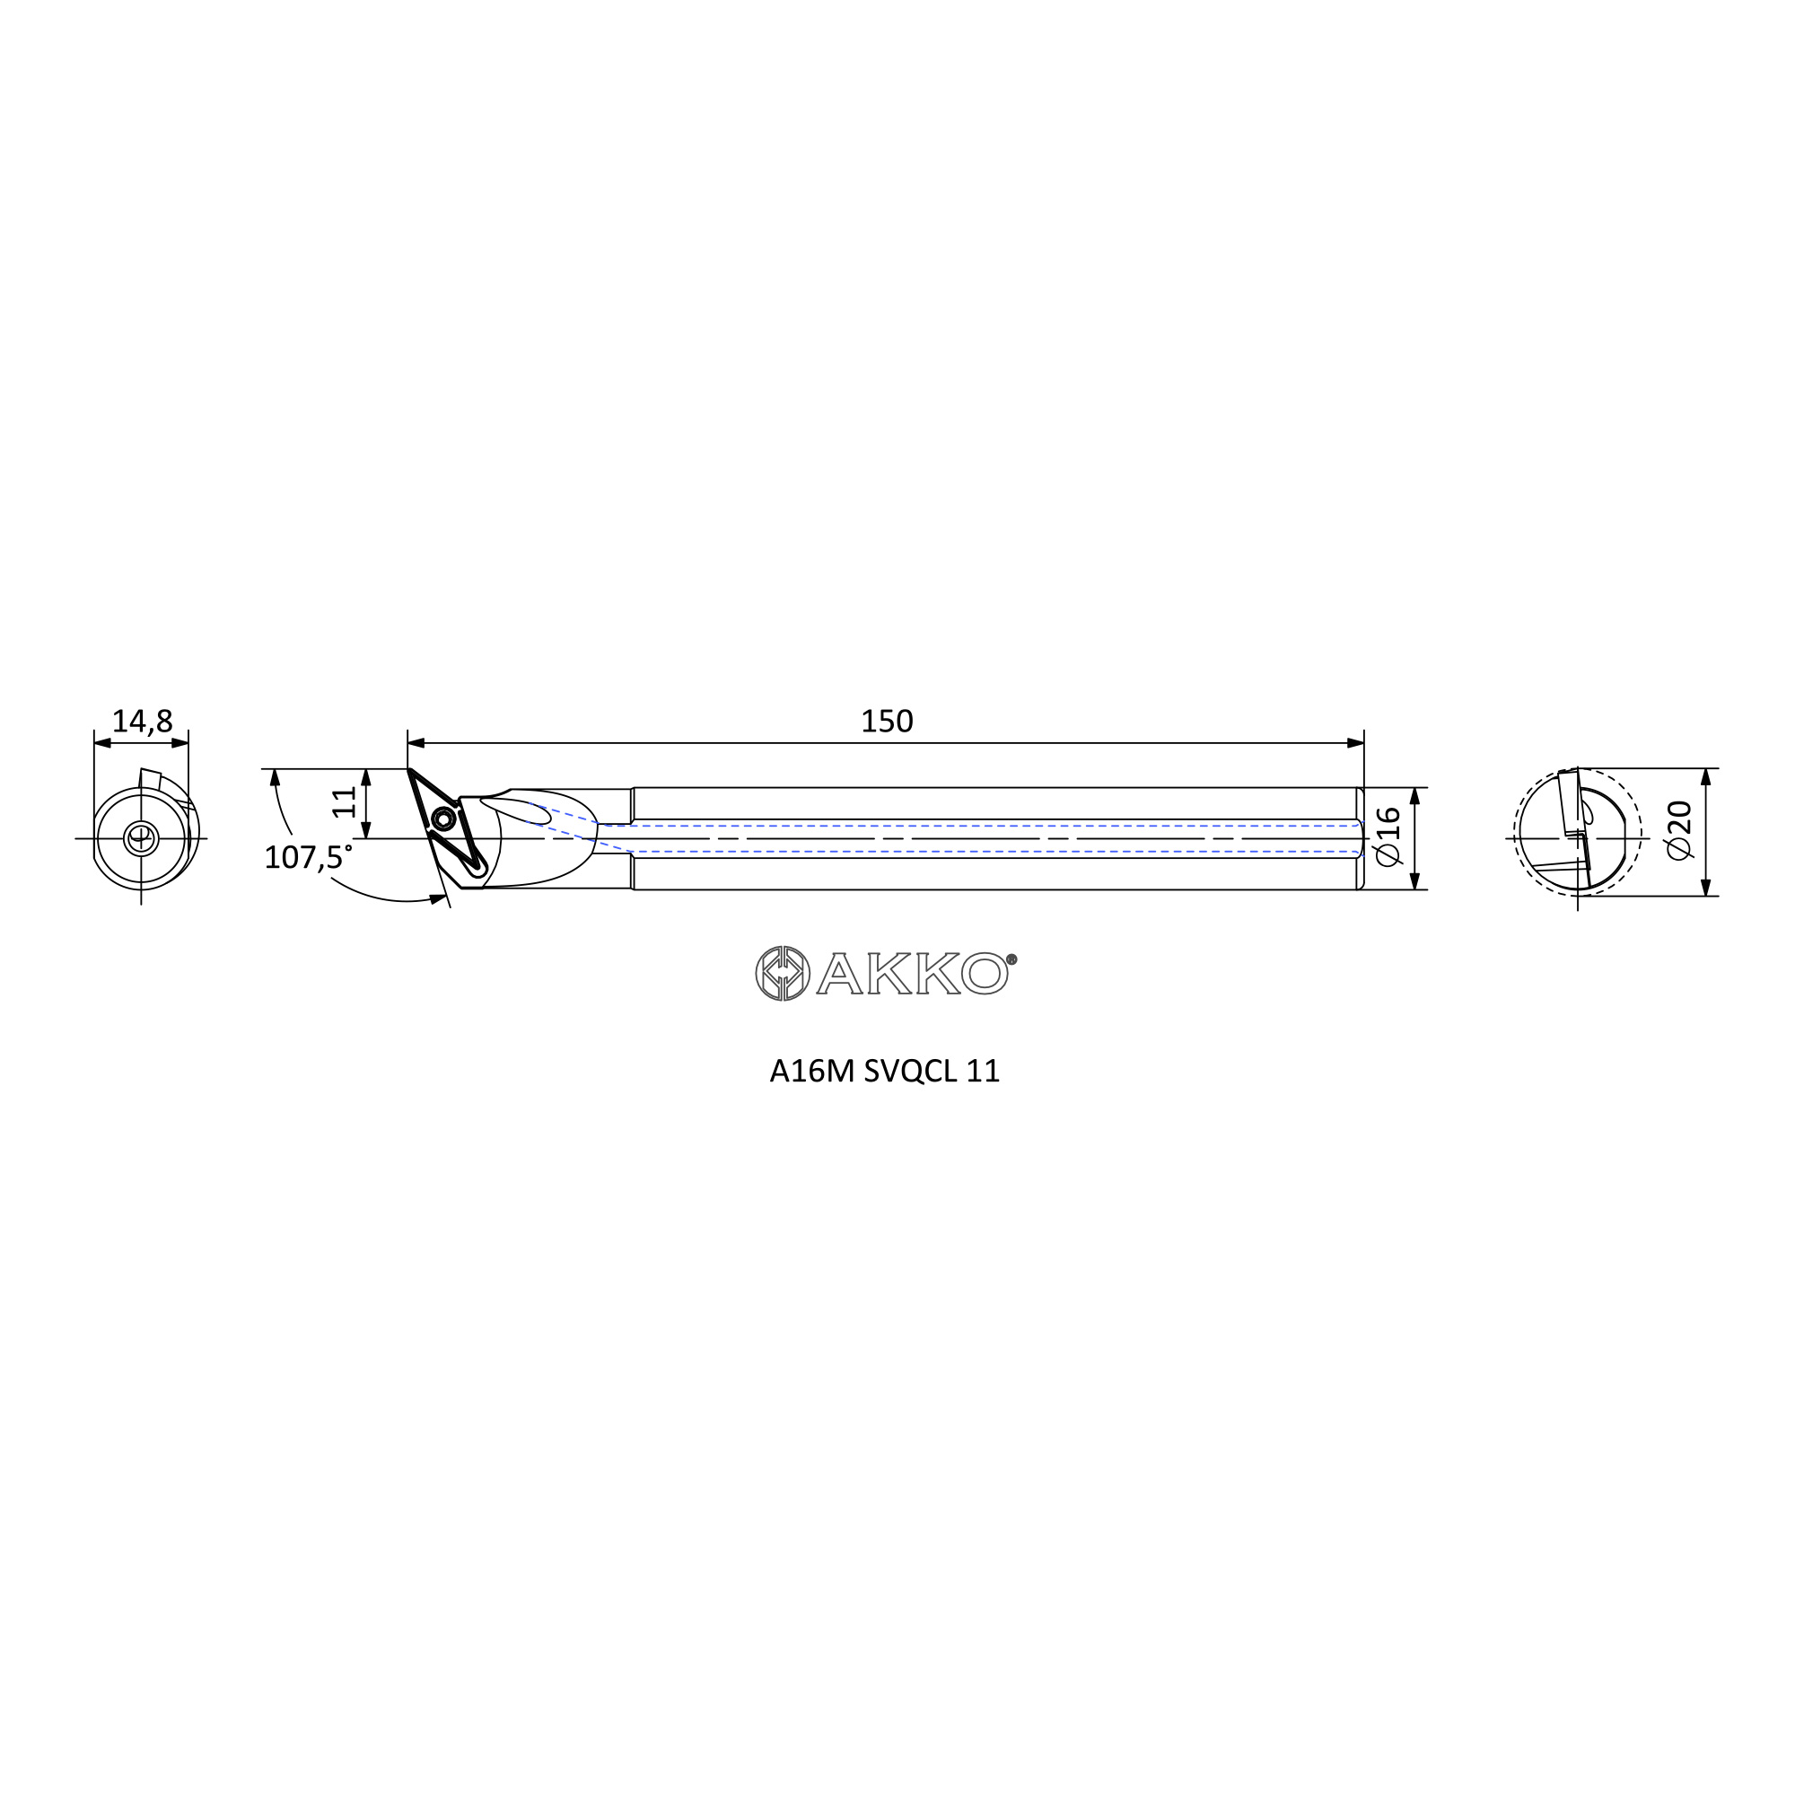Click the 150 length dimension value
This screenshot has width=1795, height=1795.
(x=888, y=722)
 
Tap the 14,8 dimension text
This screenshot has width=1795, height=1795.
(x=142, y=721)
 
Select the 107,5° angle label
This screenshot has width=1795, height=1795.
(x=309, y=856)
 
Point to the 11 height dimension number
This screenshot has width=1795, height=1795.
(x=345, y=801)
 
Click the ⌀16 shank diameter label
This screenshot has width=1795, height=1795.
(x=1388, y=837)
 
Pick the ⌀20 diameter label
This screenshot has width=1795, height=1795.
(x=1680, y=830)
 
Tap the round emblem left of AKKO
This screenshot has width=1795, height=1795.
(x=783, y=974)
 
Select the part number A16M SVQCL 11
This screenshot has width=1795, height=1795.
(x=885, y=1072)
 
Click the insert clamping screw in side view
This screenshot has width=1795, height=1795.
(x=443, y=819)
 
